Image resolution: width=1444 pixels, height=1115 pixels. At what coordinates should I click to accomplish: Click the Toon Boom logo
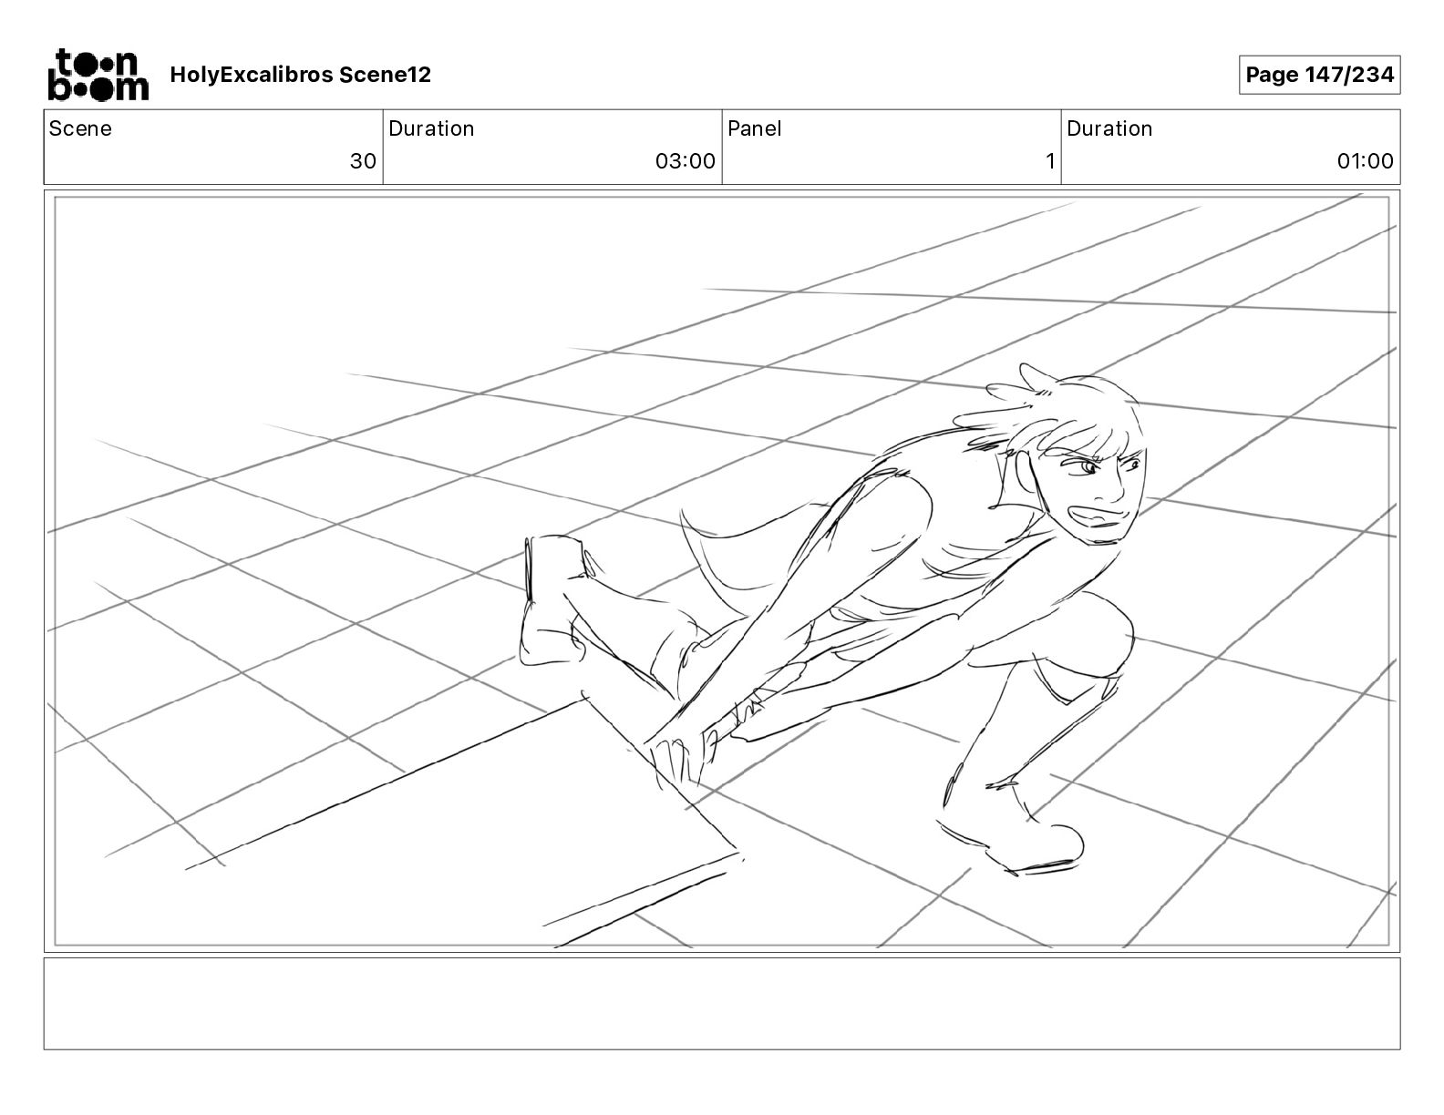(98, 75)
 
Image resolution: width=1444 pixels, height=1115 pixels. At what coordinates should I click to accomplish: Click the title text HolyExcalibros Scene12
(300, 75)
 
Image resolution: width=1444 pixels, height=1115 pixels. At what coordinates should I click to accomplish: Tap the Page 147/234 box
(1319, 75)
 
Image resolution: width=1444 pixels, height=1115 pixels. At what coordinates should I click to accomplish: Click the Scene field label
(80, 128)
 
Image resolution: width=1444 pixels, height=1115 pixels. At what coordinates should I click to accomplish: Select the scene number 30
(363, 161)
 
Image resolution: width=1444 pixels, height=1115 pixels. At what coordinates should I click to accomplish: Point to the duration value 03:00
(685, 161)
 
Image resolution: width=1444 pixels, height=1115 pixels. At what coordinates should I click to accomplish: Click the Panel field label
(754, 128)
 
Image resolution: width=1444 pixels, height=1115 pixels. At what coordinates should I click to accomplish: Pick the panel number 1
(1049, 161)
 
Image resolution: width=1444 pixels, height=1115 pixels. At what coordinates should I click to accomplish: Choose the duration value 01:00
(1365, 161)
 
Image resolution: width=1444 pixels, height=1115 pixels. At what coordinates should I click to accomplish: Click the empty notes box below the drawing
(721, 1003)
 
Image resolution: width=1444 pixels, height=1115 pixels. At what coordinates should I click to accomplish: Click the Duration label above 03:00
(431, 128)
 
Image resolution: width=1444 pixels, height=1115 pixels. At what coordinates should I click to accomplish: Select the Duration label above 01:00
(1109, 128)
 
